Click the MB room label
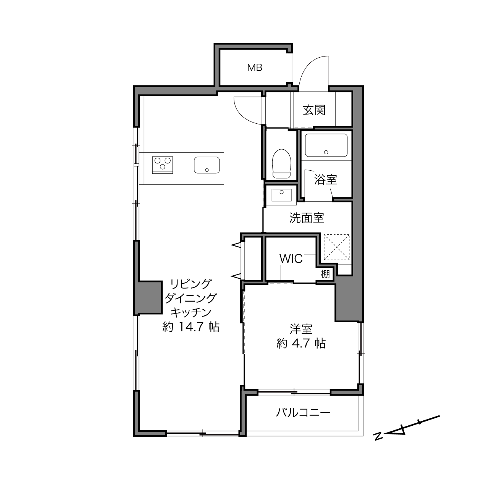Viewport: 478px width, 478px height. [255, 68]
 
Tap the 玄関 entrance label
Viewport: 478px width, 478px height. [314, 110]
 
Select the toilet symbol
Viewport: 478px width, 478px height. [281, 163]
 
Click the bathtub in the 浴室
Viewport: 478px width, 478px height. [326, 145]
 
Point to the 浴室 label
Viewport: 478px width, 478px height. [325, 179]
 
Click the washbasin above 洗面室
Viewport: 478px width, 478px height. [281, 195]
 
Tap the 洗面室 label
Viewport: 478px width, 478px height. [307, 218]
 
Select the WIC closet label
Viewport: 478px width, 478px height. [291, 259]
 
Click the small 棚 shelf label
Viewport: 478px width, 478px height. [325, 274]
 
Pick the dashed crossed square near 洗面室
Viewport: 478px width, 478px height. [337, 247]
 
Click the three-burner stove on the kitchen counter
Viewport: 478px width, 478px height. [163, 165]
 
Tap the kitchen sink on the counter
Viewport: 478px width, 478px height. [207, 165]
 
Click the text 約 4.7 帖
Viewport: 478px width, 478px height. [301, 343]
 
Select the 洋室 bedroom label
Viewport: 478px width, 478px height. [301, 329]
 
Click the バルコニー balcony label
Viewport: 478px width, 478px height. [303, 412]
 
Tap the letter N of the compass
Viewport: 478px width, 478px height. [378, 436]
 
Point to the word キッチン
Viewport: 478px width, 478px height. [191, 313]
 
